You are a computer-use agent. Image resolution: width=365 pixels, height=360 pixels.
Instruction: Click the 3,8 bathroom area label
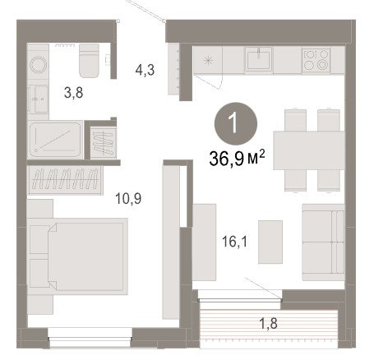73,93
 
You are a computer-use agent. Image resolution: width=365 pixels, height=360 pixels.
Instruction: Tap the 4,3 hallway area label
145,70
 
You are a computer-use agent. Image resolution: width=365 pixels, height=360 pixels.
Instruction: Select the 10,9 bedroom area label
128,198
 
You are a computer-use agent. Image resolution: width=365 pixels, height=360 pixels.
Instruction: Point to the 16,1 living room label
234,242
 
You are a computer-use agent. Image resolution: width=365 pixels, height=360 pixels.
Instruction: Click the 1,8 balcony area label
268,323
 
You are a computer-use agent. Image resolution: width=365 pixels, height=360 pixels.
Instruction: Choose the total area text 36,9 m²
237,159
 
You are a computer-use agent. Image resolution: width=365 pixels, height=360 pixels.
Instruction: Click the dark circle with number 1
237,123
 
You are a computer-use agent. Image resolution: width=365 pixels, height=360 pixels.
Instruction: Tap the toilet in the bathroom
89,61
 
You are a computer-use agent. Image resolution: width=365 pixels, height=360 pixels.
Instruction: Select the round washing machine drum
39,65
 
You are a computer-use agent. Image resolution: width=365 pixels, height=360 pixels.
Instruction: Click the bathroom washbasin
39,99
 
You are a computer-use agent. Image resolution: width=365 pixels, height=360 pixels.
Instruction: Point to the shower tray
56,140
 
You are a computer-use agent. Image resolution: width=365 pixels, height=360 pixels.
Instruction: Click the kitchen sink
259,60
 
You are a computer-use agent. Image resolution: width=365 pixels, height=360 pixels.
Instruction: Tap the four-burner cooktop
316,61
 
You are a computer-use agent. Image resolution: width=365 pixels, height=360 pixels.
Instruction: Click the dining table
309,150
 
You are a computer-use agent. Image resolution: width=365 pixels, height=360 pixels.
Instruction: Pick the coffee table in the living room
270,242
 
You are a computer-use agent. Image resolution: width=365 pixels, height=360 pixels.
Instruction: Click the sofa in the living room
323,242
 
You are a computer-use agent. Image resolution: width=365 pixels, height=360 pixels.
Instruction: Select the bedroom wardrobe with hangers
65,180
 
